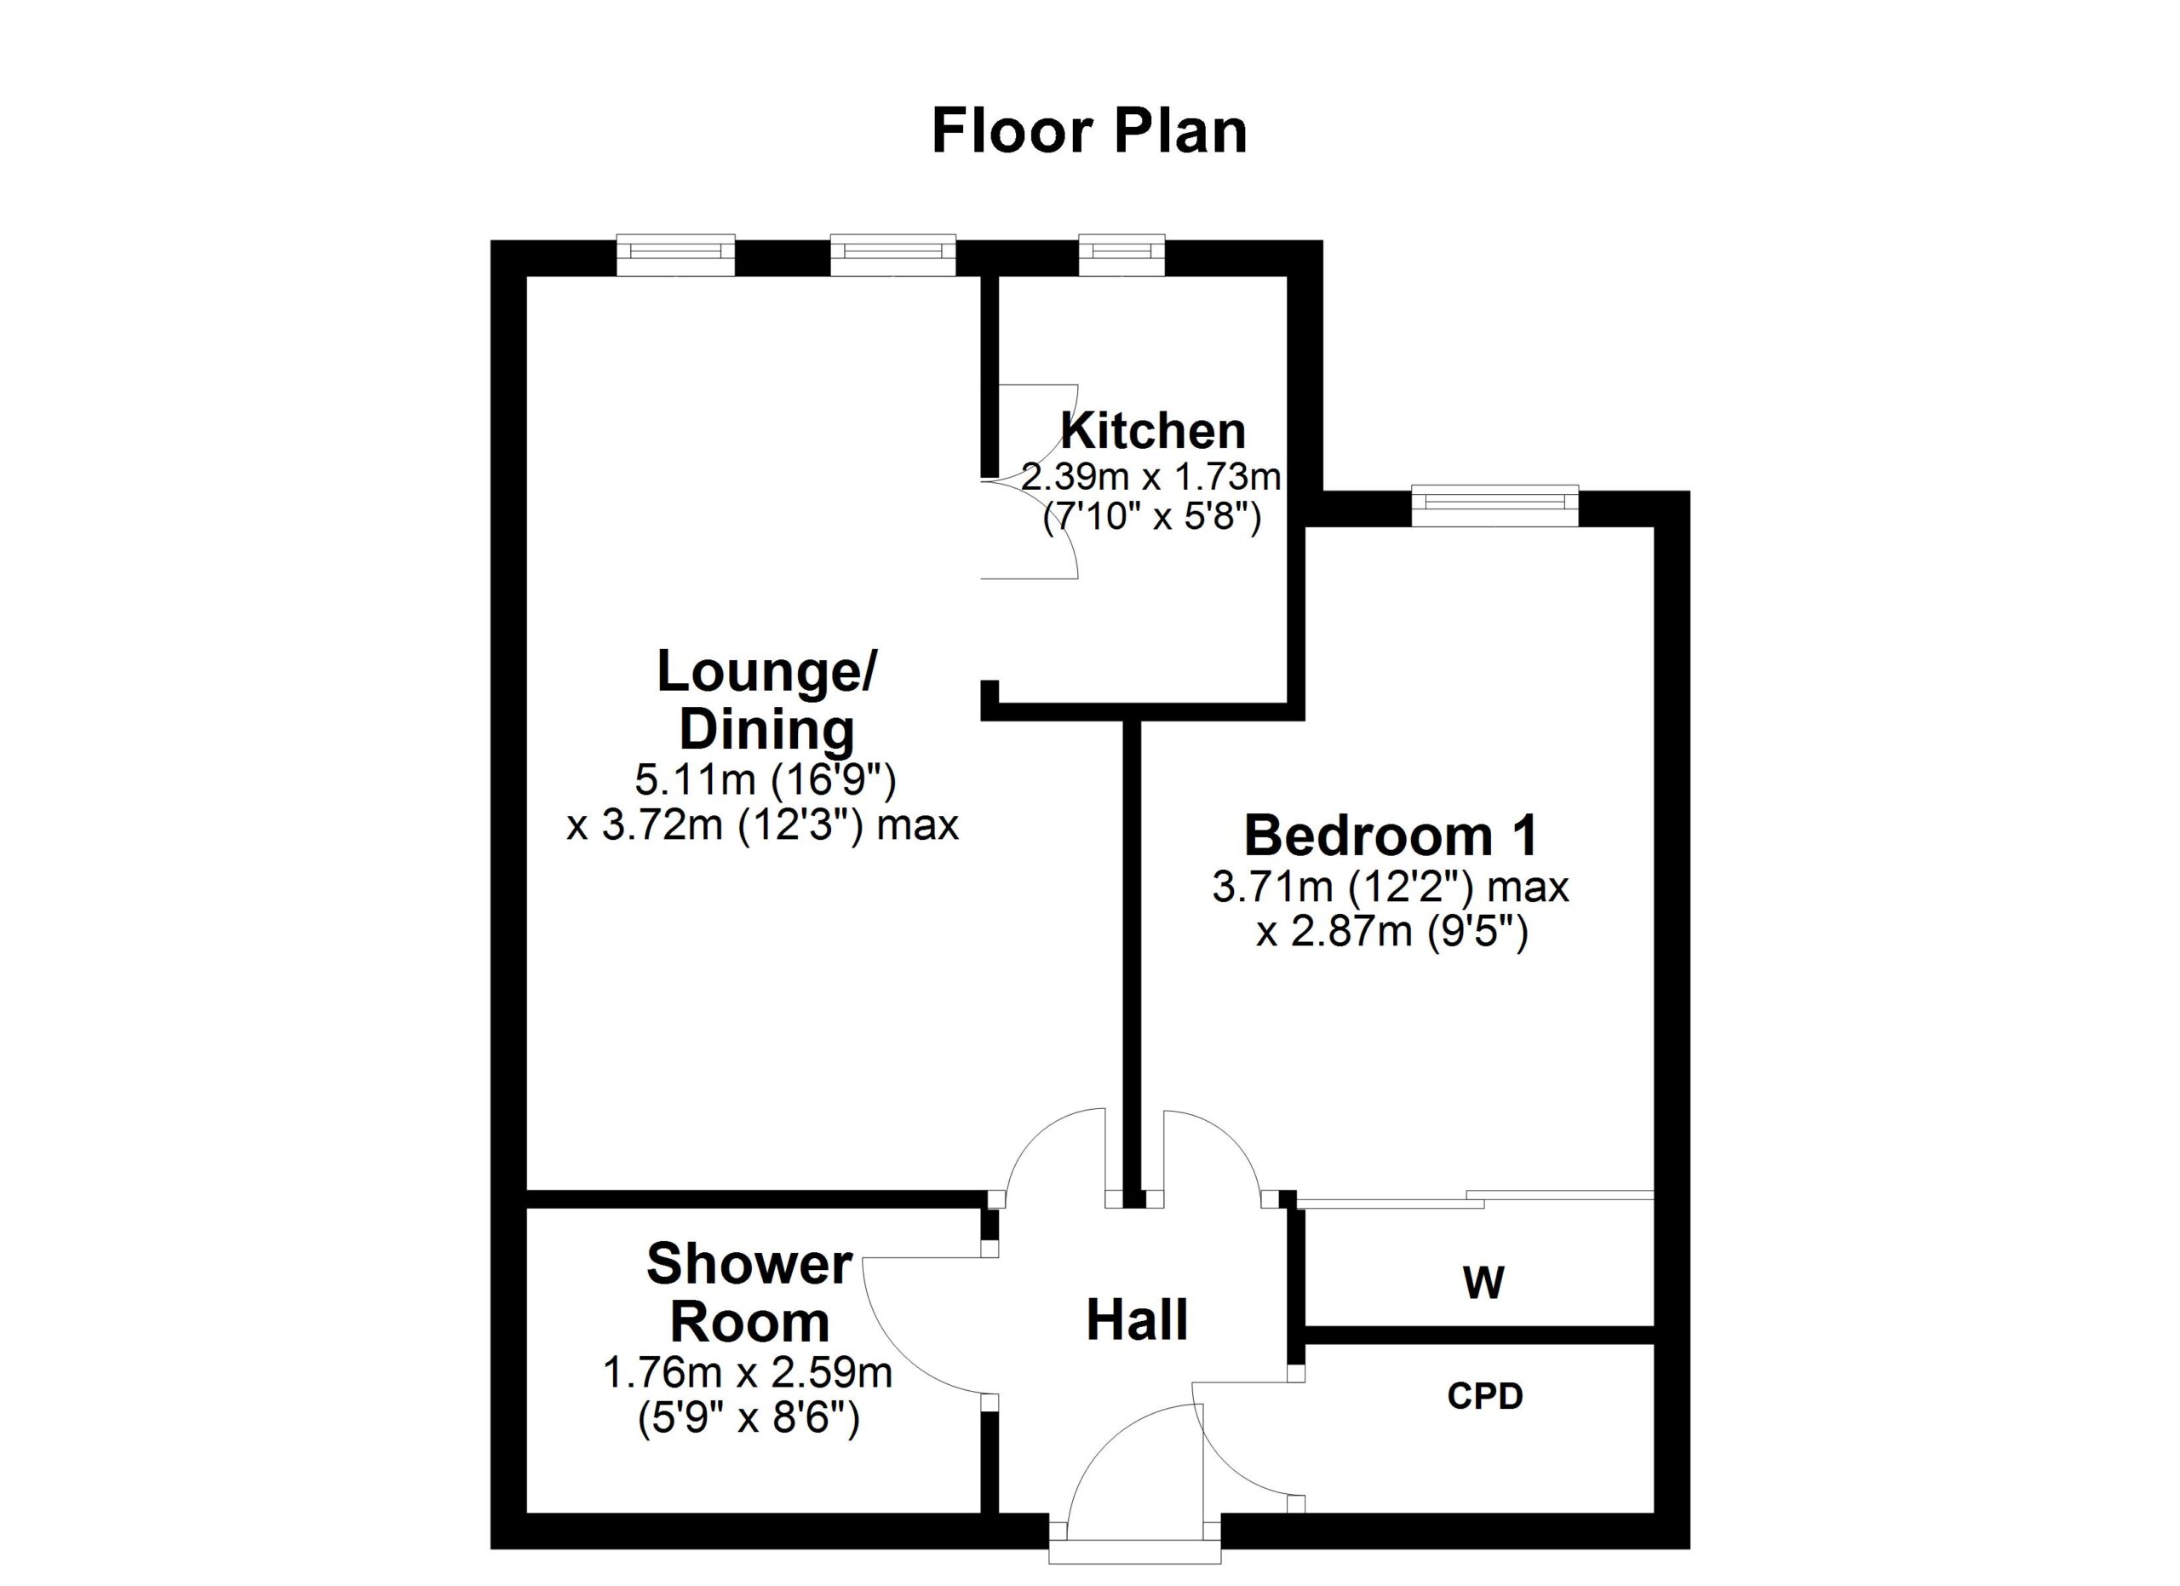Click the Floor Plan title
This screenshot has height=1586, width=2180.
(x=1089, y=132)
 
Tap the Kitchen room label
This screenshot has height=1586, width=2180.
(x=1152, y=431)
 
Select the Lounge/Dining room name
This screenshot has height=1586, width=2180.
(x=766, y=701)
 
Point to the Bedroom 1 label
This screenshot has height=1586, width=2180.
(x=1391, y=836)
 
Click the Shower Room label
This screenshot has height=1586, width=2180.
(x=749, y=1293)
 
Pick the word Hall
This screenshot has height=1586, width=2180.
(x=1137, y=1321)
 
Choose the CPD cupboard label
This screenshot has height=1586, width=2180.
(x=1485, y=1397)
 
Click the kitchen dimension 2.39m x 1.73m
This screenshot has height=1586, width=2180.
(x=1151, y=477)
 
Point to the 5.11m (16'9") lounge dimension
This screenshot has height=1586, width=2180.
(x=765, y=780)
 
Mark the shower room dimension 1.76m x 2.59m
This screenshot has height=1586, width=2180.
(x=748, y=1374)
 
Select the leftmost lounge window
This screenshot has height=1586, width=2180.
(x=676, y=255)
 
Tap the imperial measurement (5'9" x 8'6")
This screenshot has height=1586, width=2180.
(x=749, y=1419)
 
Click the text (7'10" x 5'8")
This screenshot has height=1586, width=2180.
(x=1151, y=519)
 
